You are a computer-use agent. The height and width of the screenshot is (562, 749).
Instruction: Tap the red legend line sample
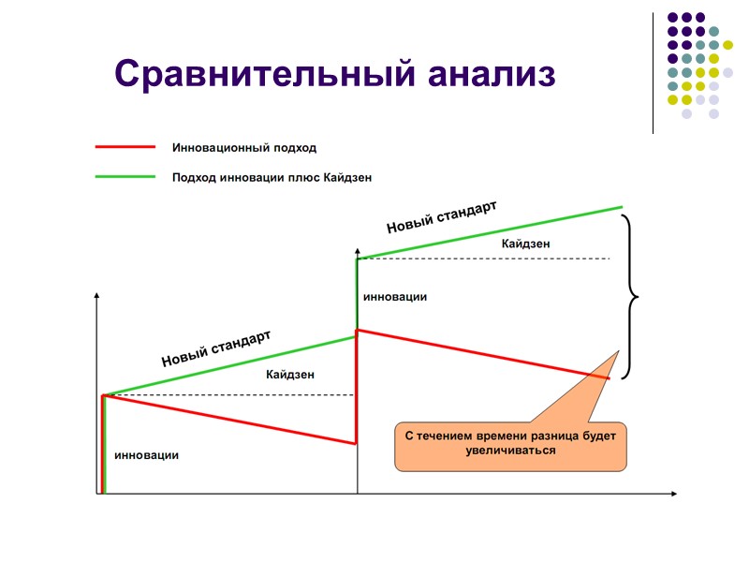pyautogui.click(x=125, y=147)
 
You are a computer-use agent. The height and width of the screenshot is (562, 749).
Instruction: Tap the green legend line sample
pyautogui.click(x=125, y=176)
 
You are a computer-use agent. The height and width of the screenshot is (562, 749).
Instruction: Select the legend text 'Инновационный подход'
pyautogui.click(x=243, y=147)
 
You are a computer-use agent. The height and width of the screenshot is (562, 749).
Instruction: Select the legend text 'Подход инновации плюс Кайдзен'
pyautogui.click(x=278, y=176)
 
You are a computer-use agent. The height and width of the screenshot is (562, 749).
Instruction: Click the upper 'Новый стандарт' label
pyautogui.click(x=441, y=217)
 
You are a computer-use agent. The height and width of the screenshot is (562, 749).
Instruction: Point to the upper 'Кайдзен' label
pyautogui.click(x=525, y=244)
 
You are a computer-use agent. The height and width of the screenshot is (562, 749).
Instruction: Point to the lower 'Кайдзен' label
pyautogui.click(x=290, y=375)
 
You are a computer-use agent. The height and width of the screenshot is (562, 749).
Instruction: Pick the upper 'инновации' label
pyautogui.click(x=395, y=297)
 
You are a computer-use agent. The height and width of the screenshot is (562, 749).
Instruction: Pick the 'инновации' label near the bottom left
pyautogui.click(x=146, y=455)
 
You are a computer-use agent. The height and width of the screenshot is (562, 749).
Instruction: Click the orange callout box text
pyautogui.click(x=510, y=443)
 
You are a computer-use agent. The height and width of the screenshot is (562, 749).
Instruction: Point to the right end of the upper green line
pyautogui.click(x=622, y=206)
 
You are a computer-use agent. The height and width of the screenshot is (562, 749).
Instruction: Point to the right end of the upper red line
pyautogui.click(x=609, y=378)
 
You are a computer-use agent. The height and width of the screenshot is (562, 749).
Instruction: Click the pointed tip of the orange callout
pyautogui.click(x=619, y=351)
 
